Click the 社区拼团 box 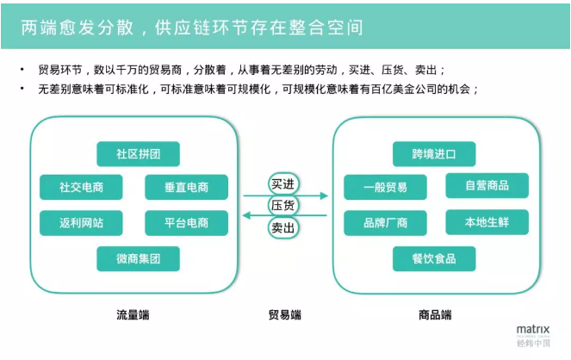click(138, 154)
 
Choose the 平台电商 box click(187, 223)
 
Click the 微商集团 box click(138, 258)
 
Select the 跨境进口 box click(433, 154)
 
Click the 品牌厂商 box click(385, 223)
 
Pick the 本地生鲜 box click(487, 222)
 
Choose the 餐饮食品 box click(433, 258)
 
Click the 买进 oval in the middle click(283, 184)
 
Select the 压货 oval click(283, 206)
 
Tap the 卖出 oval click(283, 228)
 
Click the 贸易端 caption click(284, 316)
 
